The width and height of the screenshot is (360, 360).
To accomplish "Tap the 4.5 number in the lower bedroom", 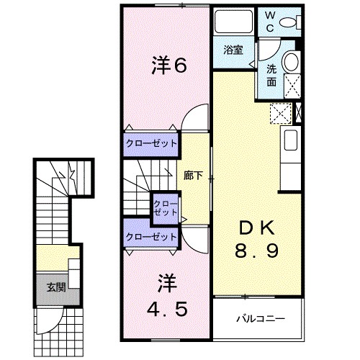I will click(169, 310).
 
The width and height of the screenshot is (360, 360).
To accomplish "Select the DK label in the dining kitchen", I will click(255, 229).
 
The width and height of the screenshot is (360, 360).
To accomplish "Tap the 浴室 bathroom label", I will click(232, 50).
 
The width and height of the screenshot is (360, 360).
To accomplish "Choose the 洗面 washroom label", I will click(272, 75).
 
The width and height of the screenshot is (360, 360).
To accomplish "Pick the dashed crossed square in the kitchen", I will click(279, 113).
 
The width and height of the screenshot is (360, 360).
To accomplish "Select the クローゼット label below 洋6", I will click(151, 143).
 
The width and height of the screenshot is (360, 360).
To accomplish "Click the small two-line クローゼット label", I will click(165, 209).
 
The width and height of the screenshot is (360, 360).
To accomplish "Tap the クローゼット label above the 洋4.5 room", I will click(151, 236).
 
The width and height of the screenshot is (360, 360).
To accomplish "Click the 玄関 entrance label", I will click(55, 287).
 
